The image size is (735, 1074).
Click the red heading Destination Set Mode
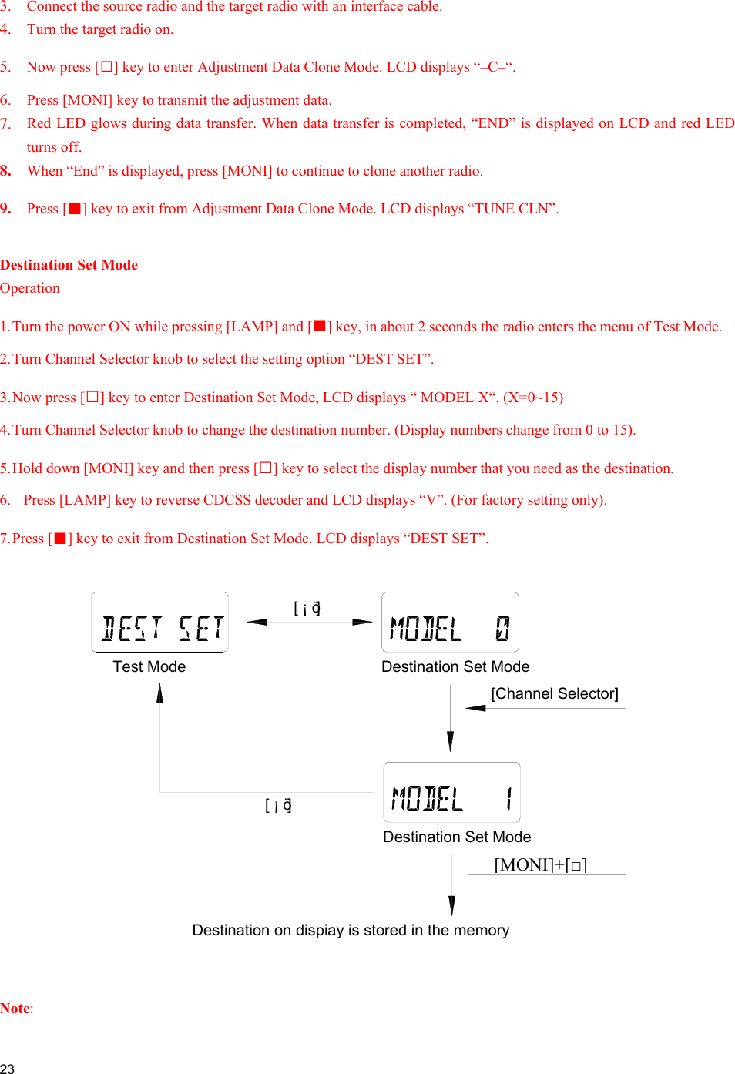tap(69, 265)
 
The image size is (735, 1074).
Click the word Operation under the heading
tap(30, 288)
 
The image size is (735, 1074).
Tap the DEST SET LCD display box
tap(159, 623)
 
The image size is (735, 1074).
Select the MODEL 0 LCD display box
tap(450, 623)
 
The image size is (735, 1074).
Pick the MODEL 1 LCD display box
tap(451, 793)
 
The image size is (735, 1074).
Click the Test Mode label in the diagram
tap(149, 666)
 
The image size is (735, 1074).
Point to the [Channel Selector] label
tap(555, 693)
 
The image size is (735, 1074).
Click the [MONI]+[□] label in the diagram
tap(540, 864)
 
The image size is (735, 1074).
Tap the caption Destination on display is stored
tap(351, 930)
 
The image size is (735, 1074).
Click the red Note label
tap(15, 1009)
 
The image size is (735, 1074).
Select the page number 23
tap(8, 1068)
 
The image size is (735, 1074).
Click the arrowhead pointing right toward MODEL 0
tap(363, 622)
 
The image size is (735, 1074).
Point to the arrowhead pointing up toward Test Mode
tap(159, 693)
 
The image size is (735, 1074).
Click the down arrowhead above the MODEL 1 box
tap(451, 742)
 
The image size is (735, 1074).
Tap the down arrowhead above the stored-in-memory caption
tap(451, 905)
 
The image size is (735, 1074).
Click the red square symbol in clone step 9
tap(75, 210)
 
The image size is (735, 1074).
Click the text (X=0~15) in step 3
tap(533, 398)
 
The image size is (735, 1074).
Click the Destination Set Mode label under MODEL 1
tap(457, 837)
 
